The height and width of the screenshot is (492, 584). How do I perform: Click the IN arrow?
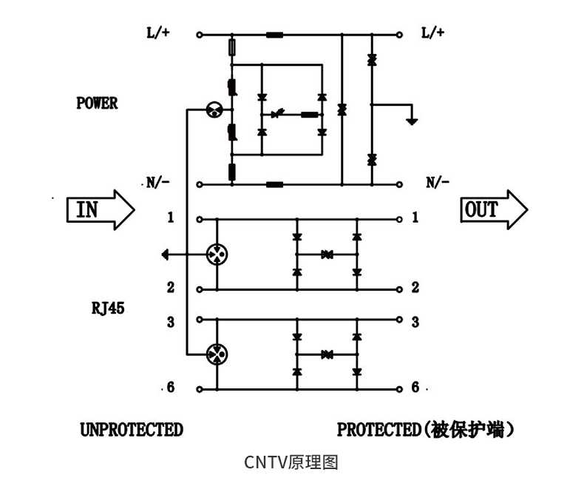click(101, 209)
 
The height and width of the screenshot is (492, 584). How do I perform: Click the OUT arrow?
click(495, 209)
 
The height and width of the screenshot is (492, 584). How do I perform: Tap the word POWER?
click(97, 104)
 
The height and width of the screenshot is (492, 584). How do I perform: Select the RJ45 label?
click(108, 309)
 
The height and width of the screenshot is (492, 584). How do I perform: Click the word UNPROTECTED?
click(132, 429)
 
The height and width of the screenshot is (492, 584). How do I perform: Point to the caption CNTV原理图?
click(291, 462)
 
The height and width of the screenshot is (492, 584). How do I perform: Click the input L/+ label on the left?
click(158, 33)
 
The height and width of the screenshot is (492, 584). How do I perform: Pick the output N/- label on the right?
click(438, 183)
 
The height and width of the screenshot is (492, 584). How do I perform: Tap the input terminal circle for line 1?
click(200, 220)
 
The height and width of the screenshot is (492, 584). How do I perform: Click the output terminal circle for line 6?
click(399, 389)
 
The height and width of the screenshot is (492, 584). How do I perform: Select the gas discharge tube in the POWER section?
click(214, 109)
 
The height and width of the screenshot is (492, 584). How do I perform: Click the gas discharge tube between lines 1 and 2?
click(217, 255)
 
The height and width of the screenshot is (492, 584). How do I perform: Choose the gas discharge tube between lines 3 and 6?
click(217, 354)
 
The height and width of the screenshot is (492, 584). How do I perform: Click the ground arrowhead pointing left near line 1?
click(166, 255)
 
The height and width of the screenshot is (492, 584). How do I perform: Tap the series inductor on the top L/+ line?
click(275, 35)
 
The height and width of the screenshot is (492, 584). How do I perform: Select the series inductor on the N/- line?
click(275, 184)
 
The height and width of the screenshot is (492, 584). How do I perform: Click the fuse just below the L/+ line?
click(231, 47)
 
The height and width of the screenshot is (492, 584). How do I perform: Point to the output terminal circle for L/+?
click(399, 35)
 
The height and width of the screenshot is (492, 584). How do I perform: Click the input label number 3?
click(171, 322)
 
